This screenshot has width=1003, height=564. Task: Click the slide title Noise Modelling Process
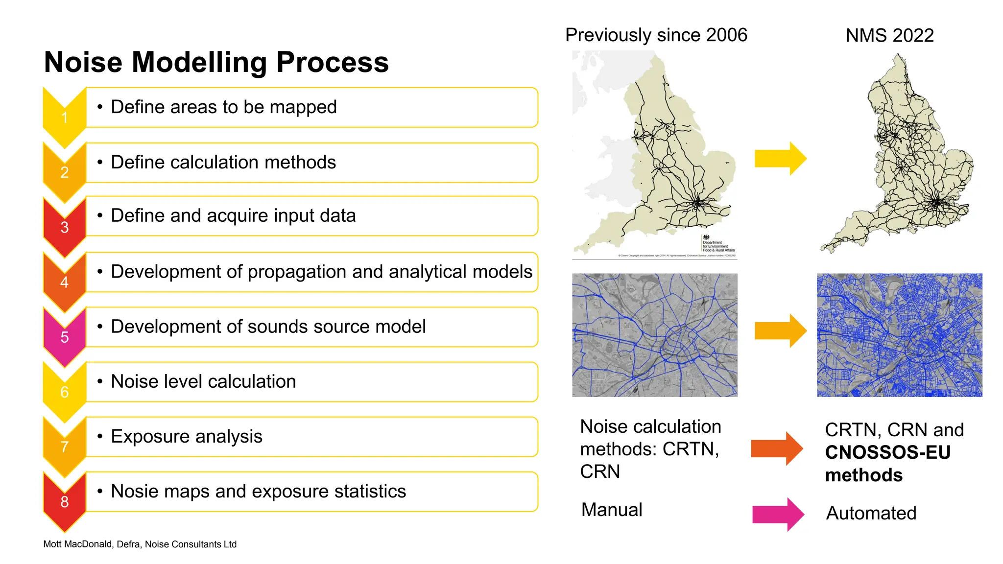[x=216, y=62]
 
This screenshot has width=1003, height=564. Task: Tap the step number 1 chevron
[x=64, y=117]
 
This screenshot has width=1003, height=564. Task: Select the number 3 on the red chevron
[x=64, y=227]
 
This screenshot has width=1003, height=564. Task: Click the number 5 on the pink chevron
[x=64, y=337]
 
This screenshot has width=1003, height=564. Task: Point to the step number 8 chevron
[x=64, y=501]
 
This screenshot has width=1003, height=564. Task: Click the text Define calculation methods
[x=223, y=162]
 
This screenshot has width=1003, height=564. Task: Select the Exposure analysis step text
[x=187, y=436]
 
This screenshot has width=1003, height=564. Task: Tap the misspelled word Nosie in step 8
[x=132, y=491]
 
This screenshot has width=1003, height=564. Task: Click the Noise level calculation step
[x=203, y=381]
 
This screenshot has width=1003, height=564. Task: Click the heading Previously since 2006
[x=656, y=35]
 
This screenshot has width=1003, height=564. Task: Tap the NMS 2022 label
[x=889, y=36]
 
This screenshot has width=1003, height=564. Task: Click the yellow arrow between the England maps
[x=780, y=159]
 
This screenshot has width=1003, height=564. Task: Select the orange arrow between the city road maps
[x=780, y=331]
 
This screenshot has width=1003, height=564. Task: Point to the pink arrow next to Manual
[x=778, y=514]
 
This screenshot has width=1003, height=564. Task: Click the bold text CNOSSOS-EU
[x=887, y=452]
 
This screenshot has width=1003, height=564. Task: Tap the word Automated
[x=871, y=513]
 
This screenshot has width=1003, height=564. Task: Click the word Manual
[x=611, y=510]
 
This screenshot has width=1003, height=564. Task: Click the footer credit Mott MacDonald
[x=78, y=544]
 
